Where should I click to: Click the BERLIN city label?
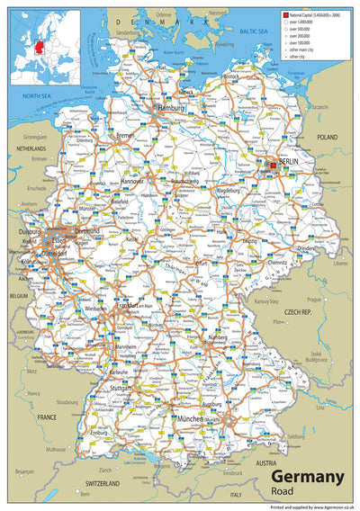tap(289, 161)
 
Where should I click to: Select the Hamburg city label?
tap(170, 108)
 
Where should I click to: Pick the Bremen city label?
tap(126, 136)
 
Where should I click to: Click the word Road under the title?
tap(283, 492)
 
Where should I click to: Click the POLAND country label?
tap(327, 139)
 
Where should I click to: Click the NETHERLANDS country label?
tap(31, 148)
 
